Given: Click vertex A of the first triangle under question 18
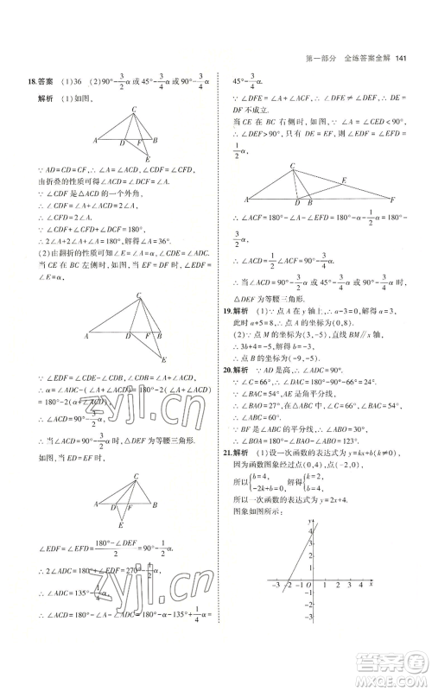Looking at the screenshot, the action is [95, 140].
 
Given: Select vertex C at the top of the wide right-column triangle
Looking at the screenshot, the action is [293, 165].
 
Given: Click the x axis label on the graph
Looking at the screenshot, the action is [370, 586].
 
